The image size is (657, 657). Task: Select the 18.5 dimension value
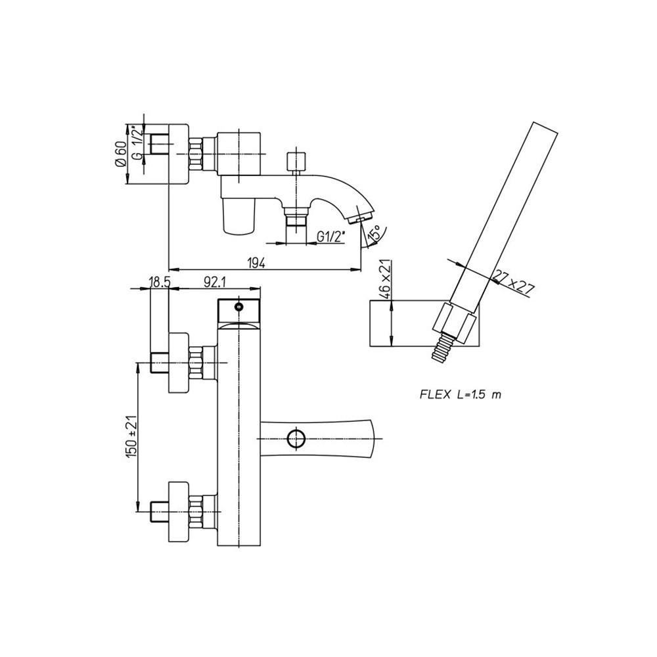pos(160,282)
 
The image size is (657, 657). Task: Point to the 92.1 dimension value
pos(215,282)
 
